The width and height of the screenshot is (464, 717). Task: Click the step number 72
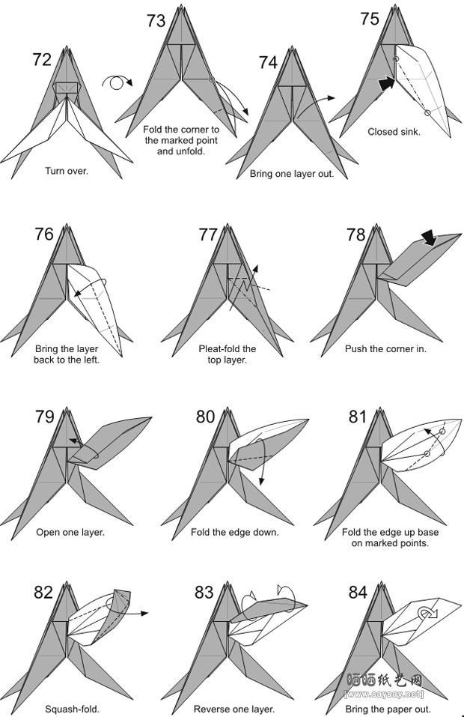(42, 59)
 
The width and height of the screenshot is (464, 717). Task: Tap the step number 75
(370, 19)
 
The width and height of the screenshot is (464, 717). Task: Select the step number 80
(205, 417)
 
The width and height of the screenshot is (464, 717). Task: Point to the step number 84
(358, 592)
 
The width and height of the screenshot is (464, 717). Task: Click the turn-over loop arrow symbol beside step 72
(117, 82)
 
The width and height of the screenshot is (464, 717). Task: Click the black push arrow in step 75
(386, 83)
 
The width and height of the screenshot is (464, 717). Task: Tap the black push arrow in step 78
(429, 238)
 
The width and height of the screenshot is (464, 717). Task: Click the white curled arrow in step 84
(428, 613)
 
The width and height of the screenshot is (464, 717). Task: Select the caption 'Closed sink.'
(394, 132)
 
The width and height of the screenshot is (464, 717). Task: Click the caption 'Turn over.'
(66, 171)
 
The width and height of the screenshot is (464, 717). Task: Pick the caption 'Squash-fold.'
(72, 710)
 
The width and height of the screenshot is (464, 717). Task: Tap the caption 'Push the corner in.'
(385, 349)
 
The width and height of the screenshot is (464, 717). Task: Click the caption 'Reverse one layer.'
(233, 710)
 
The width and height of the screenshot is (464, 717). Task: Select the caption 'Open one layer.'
(70, 532)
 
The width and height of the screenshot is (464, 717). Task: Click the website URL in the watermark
(384, 695)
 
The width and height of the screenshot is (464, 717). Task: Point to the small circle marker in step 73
(212, 79)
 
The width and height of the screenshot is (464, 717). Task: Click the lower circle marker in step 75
(427, 113)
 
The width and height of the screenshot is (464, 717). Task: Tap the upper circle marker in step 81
(442, 432)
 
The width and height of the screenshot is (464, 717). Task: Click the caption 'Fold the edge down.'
(235, 532)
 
